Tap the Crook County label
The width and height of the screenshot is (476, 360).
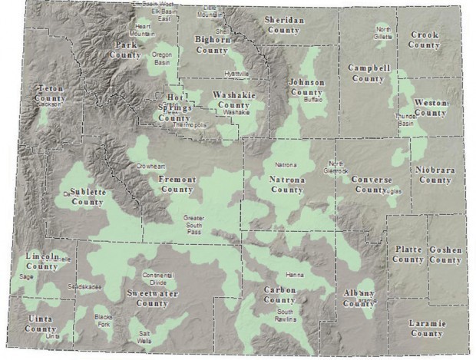pyautogui.click(x=425, y=40)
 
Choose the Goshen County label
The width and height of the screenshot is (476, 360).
pyautogui.click(x=446, y=256)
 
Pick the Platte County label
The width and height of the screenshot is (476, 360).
pyautogui.click(x=408, y=255)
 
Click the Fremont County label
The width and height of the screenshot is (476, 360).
pyautogui.click(x=177, y=184)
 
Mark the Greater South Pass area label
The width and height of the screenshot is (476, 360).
pyautogui.click(x=193, y=223)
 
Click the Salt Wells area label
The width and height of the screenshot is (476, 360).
pyautogui.click(x=144, y=338)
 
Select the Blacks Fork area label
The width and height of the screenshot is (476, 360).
pyautogui.click(x=103, y=320)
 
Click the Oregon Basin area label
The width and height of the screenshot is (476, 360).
pyautogui.click(x=162, y=59)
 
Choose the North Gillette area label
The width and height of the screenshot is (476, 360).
pyautogui.click(x=383, y=33)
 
